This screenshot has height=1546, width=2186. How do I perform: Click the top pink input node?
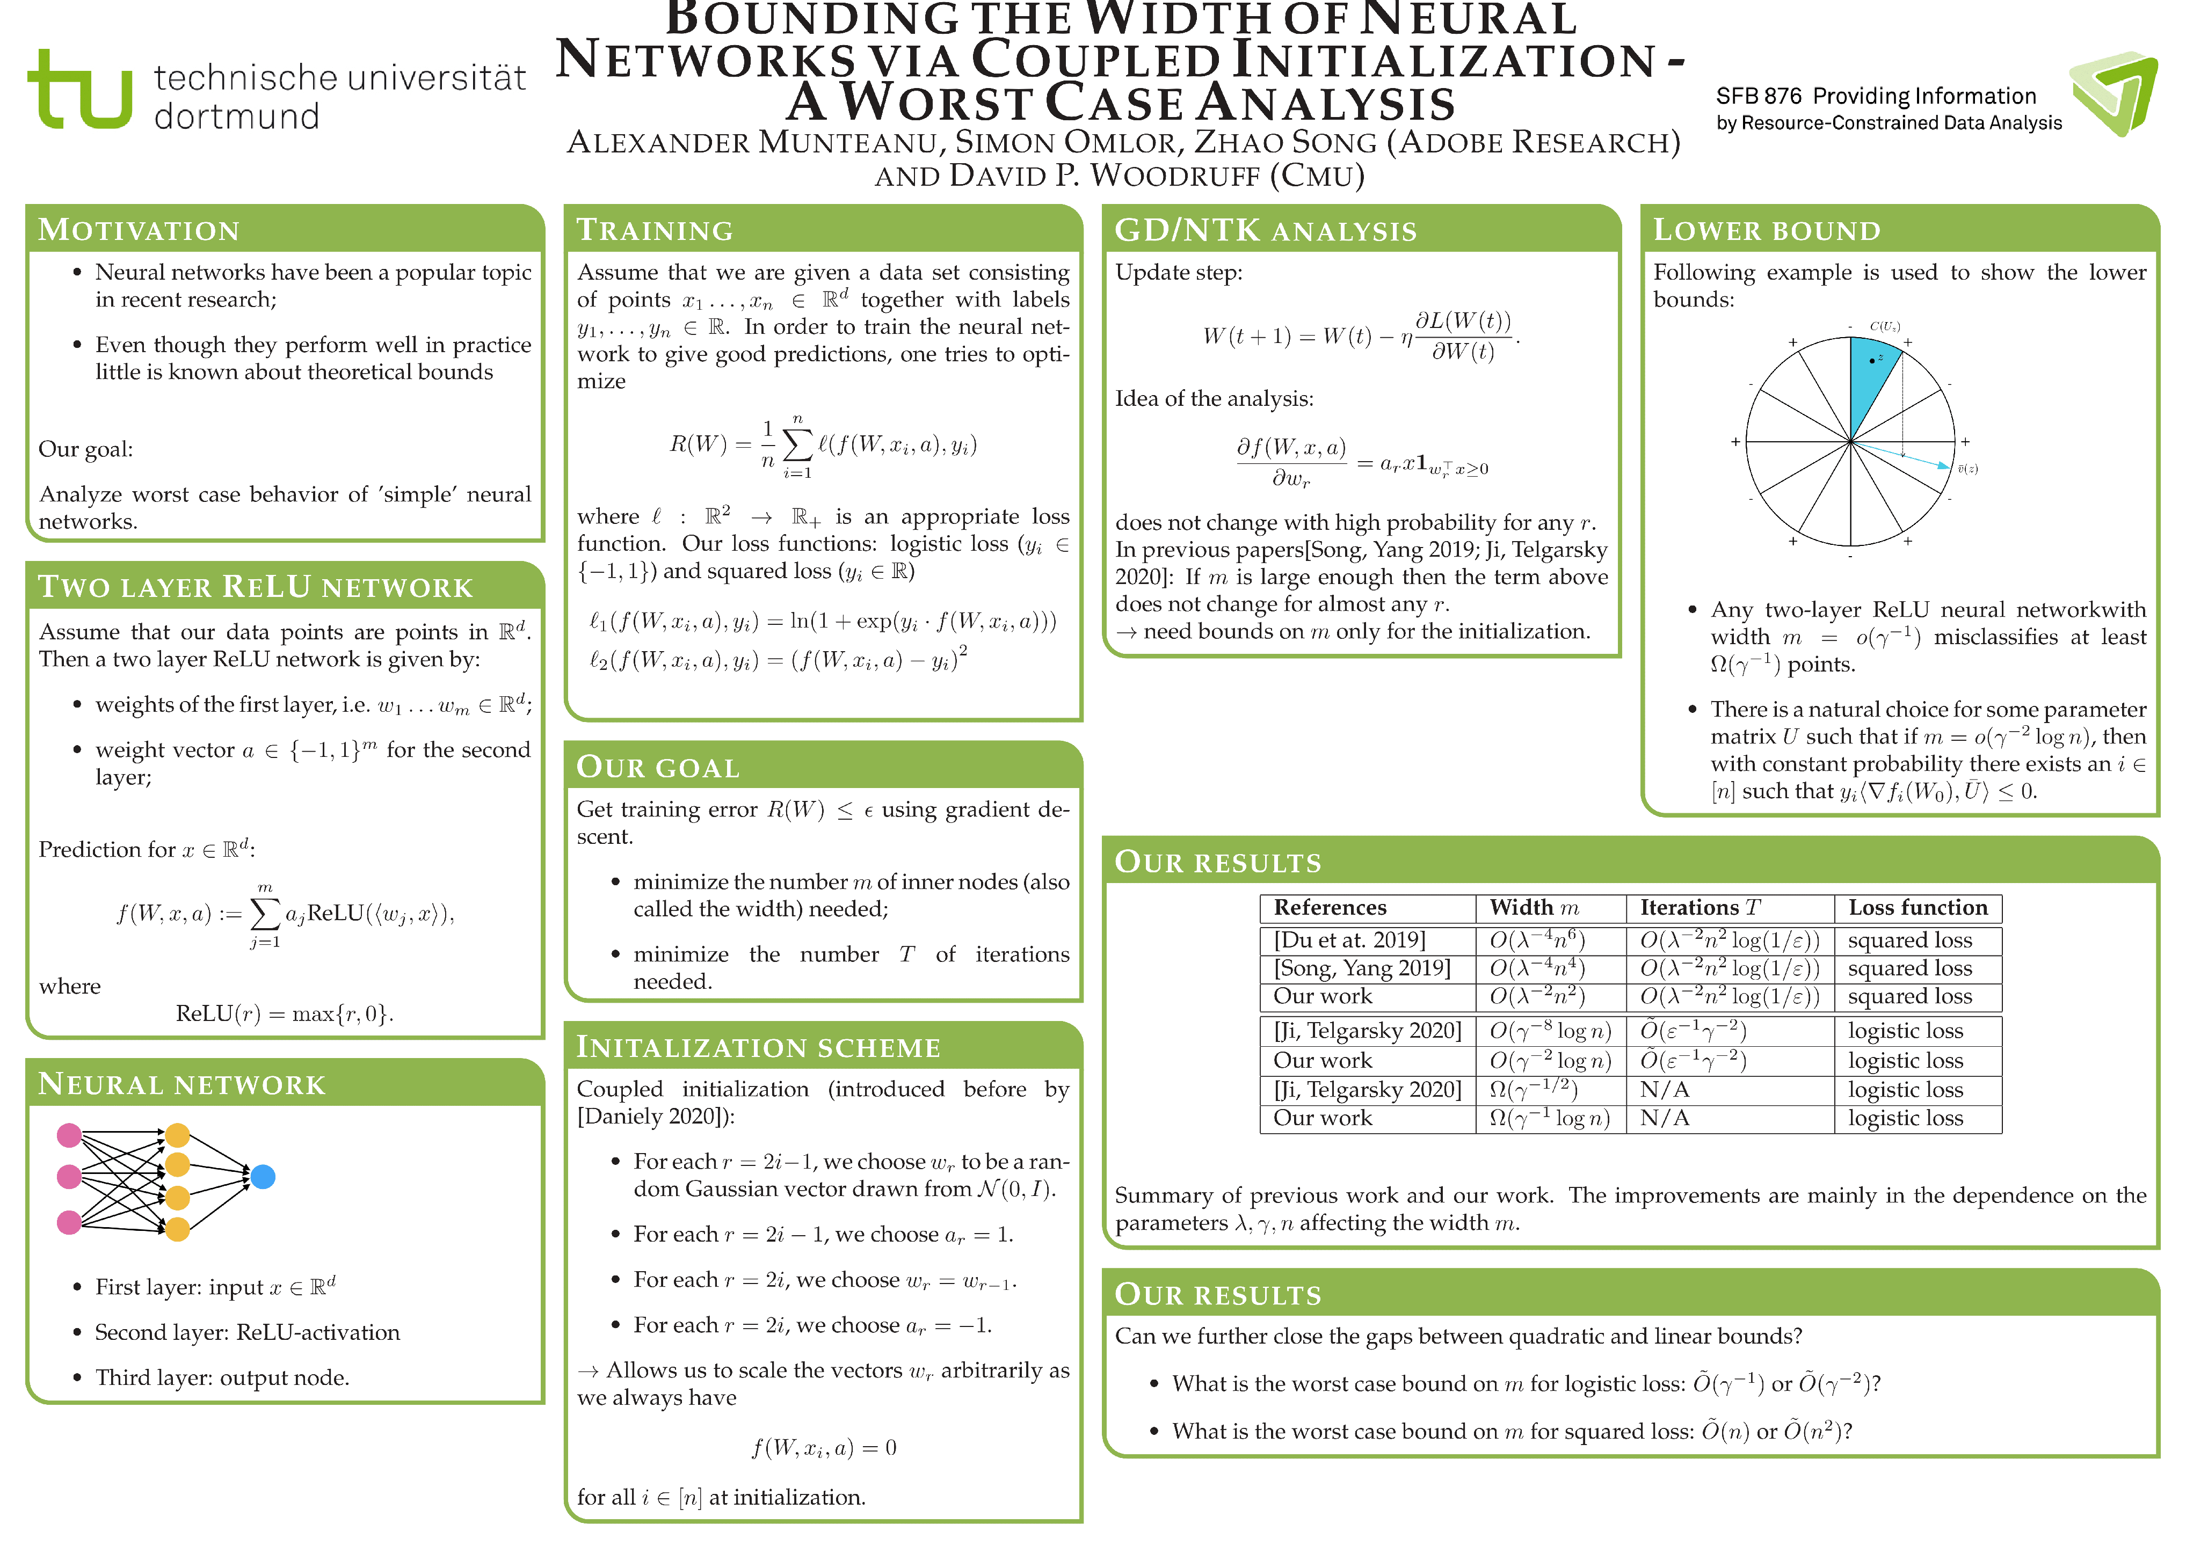click(69, 1135)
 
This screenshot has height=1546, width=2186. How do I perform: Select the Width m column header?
click(1534, 907)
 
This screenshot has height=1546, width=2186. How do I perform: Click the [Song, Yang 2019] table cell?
click(1362, 968)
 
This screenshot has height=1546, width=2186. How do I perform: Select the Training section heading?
click(655, 230)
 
